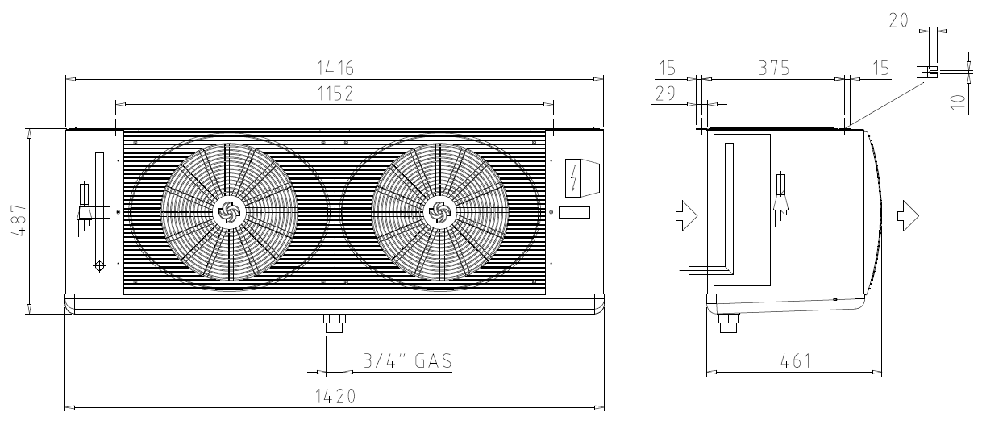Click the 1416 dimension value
[335, 69]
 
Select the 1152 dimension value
[335, 94]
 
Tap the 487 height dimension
[19, 221]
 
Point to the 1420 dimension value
[335, 397]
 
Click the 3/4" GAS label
[408, 360]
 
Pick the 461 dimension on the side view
[796, 361]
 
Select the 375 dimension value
[774, 69]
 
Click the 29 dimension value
[665, 94]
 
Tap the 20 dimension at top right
[899, 21]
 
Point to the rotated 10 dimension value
[959, 102]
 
